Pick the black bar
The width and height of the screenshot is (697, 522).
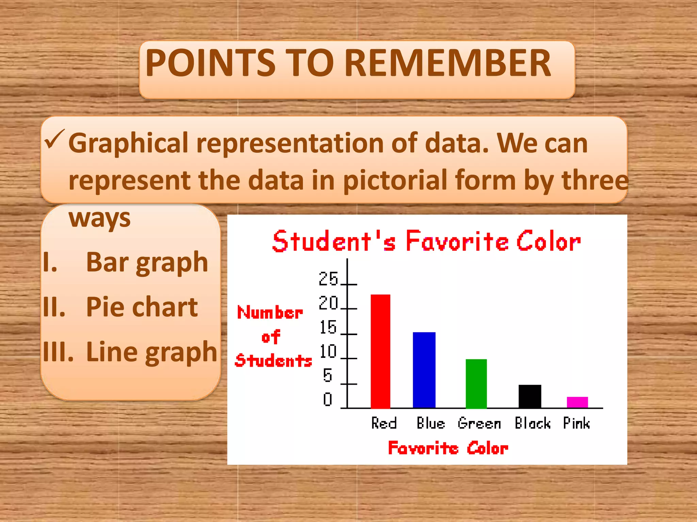[530, 396]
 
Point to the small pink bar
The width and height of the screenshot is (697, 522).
[577, 402]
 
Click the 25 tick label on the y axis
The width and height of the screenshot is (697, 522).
[328, 279]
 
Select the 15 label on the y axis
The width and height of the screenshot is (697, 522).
[328, 327]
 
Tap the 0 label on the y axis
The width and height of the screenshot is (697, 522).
[327, 399]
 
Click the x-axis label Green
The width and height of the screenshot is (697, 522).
[479, 423]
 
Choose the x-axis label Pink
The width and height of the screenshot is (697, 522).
[576, 423]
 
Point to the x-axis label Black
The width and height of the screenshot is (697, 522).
[532, 423]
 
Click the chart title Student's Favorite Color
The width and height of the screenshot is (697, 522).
[426, 241]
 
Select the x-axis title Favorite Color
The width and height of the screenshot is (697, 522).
[448, 448]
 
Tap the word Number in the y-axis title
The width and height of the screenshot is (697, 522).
[270, 312]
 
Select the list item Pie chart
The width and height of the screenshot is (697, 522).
[142, 307]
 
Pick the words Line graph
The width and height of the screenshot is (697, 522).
[151, 352]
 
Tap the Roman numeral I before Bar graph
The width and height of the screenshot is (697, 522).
[50, 263]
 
